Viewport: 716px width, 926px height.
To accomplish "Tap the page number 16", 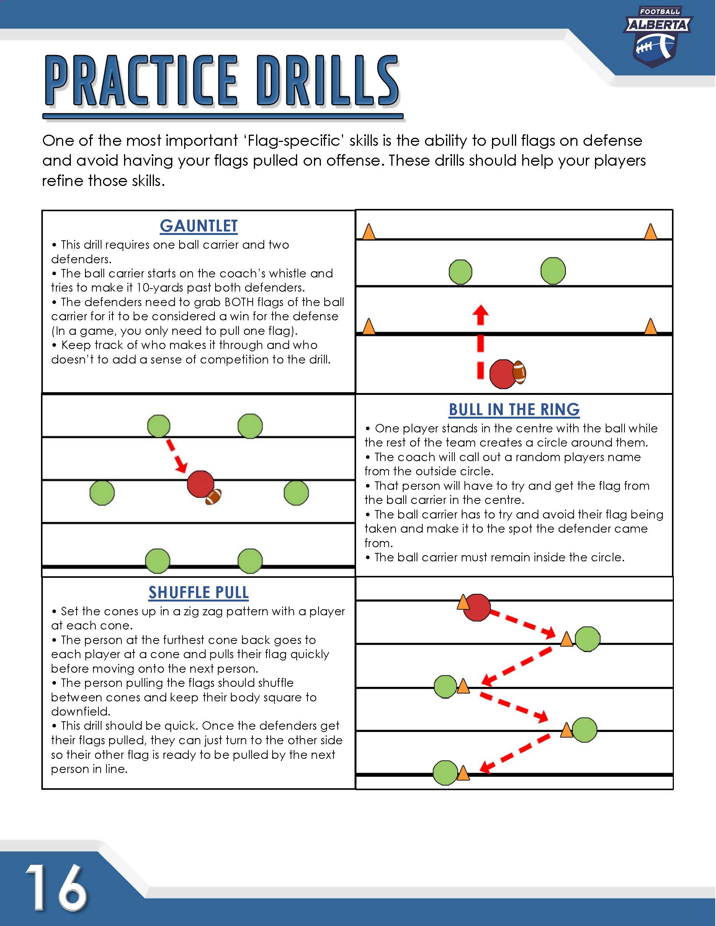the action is click(x=56, y=887).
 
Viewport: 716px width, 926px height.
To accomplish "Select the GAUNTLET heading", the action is click(x=198, y=226).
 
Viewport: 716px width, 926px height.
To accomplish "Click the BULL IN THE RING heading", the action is click(x=514, y=409).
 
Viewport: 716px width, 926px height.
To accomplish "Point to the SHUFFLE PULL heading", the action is click(x=198, y=593).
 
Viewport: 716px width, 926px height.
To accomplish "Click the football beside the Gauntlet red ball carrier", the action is click(x=519, y=372).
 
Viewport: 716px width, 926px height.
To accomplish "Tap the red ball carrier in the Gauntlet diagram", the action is click(x=503, y=374).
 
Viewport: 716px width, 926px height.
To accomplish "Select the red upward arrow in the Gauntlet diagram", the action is click(x=480, y=341).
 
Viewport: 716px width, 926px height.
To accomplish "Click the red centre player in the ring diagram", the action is click(x=200, y=484).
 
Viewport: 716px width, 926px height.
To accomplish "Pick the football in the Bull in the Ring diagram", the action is click(x=213, y=497).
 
